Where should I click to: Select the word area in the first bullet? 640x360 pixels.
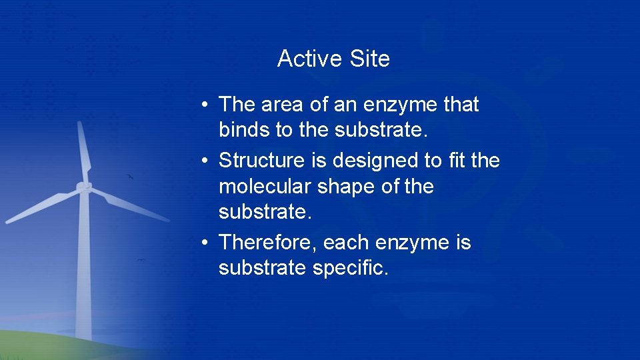(280, 105)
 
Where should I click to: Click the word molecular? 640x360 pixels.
(265, 187)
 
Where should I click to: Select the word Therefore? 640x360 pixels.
(267, 243)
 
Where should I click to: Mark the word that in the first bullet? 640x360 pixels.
(461, 105)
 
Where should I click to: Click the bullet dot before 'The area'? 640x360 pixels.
(209, 105)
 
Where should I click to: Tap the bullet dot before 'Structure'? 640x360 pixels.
(209, 161)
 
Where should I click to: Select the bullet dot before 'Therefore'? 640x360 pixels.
(209, 243)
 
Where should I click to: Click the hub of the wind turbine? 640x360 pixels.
(84, 187)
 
